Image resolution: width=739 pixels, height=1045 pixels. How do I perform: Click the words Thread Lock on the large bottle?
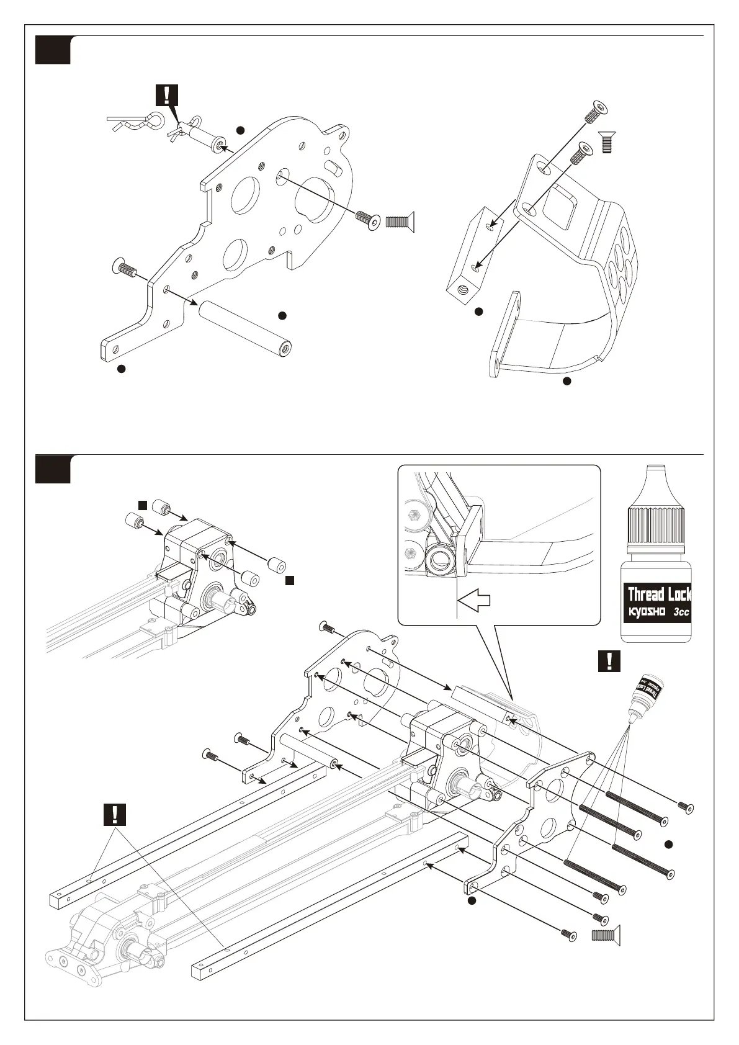(x=659, y=594)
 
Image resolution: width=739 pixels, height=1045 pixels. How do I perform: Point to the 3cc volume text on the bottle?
(x=681, y=612)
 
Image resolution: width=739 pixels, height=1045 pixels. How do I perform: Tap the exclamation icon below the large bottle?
(x=611, y=661)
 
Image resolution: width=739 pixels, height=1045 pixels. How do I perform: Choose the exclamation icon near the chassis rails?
(x=115, y=814)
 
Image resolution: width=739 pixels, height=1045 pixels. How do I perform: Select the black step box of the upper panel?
(x=52, y=50)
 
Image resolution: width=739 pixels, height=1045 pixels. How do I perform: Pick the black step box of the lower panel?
(x=52, y=469)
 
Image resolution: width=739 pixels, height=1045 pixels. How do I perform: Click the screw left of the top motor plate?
(x=124, y=269)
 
